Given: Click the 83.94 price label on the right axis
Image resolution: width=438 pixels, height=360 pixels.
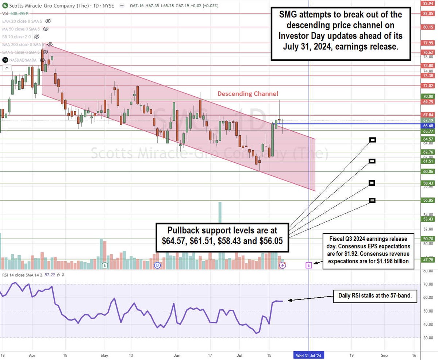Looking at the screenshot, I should pos(428,3).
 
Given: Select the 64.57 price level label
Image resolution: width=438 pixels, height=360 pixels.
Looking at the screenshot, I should pos(428,139).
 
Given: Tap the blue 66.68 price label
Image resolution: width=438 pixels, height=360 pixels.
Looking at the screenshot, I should pos(428,125).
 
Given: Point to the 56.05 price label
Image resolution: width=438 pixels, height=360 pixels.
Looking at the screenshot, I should pos(428,200).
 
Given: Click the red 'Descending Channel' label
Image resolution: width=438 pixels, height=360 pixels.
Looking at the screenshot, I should pos(248,94).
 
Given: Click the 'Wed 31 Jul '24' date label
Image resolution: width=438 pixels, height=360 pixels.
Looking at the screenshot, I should pos(309,355).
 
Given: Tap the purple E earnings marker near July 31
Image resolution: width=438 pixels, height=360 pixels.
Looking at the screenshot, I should pos(309,265).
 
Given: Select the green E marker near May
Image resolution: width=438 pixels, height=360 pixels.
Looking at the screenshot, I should pos(105,265).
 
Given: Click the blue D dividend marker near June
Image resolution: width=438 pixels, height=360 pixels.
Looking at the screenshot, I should pos(157,265).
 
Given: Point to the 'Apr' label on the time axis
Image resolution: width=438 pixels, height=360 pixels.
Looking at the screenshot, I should pos(32,355).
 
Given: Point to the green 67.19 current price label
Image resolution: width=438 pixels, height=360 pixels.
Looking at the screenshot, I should pos(428,120).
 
